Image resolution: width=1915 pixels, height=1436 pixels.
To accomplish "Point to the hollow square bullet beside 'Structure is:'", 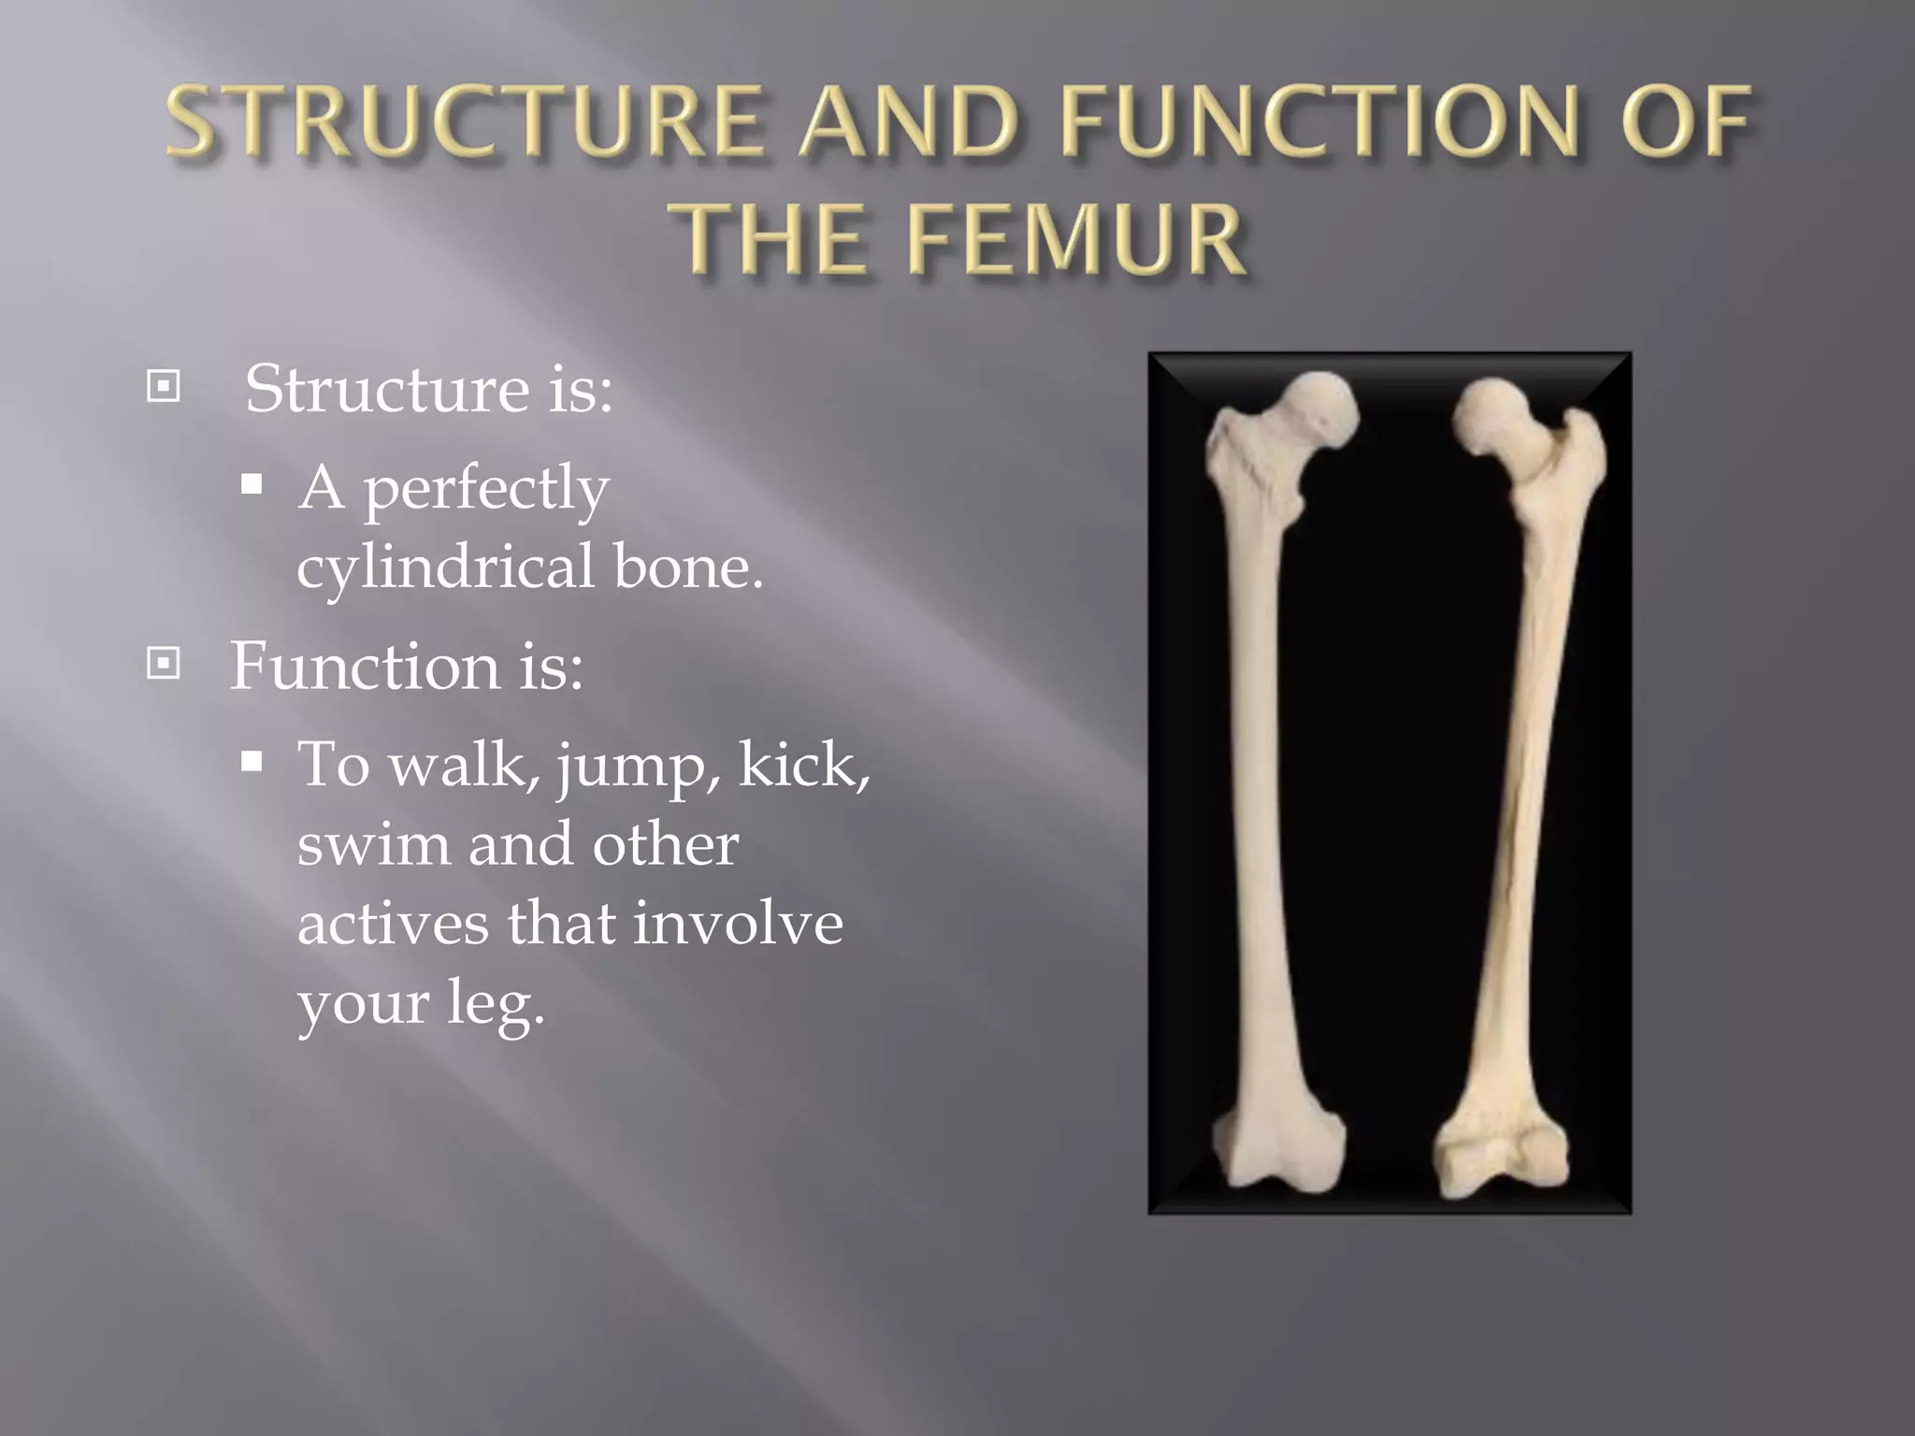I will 164,386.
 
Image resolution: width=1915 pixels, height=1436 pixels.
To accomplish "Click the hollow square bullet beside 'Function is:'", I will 164,664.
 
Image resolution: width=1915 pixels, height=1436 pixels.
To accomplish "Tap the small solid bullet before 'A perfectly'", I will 252,484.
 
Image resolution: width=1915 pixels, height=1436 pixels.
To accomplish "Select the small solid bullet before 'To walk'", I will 252,762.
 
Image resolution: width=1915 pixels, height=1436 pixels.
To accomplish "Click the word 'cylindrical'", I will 445,567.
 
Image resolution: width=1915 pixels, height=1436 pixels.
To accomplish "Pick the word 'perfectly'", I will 486,489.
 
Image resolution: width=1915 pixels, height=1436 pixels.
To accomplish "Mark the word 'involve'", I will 738,923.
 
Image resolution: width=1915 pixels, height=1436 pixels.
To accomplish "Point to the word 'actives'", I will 393,923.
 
